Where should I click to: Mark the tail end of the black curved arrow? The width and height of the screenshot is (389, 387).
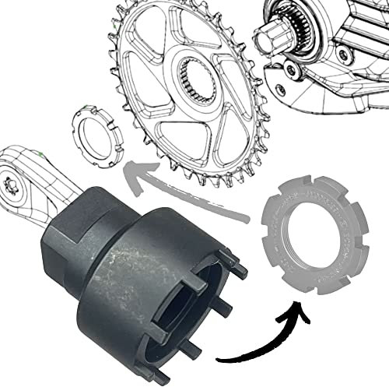(x=219, y=360)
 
